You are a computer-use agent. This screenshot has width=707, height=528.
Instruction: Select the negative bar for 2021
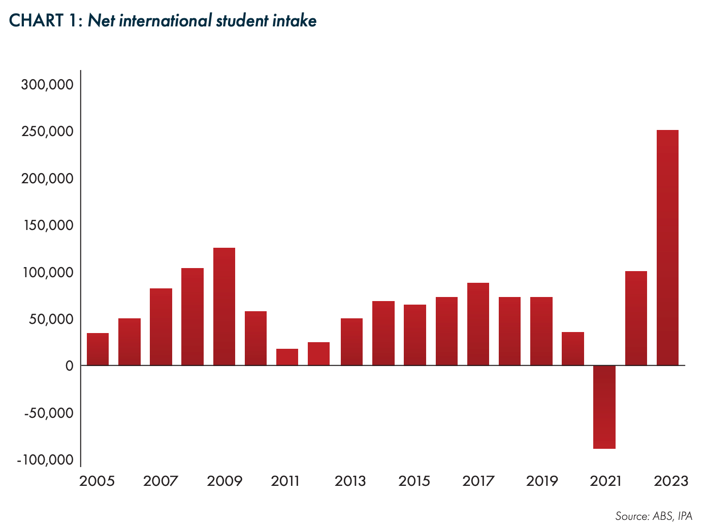(x=604, y=407)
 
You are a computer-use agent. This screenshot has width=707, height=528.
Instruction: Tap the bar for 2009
(x=224, y=307)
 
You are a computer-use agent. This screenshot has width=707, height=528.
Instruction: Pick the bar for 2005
(x=98, y=349)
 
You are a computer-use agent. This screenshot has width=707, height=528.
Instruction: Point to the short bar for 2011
(x=287, y=357)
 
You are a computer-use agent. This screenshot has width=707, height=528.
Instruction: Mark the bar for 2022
(x=636, y=318)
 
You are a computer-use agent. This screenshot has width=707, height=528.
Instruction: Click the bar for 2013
(x=351, y=342)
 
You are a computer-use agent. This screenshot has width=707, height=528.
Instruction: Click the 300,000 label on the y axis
(x=47, y=84)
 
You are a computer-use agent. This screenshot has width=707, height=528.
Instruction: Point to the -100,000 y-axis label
(x=45, y=459)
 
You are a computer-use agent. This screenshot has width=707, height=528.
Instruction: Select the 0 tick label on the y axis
(x=70, y=366)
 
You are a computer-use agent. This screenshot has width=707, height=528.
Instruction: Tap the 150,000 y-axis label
(x=47, y=225)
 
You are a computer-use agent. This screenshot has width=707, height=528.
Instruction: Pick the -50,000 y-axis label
(x=49, y=412)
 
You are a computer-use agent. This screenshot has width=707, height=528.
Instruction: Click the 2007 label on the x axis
(x=160, y=481)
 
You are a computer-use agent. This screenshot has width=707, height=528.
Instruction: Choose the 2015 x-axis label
(x=414, y=481)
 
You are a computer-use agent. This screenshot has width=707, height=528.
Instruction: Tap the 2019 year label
(x=542, y=481)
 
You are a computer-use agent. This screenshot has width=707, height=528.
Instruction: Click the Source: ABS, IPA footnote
(x=654, y=516)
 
